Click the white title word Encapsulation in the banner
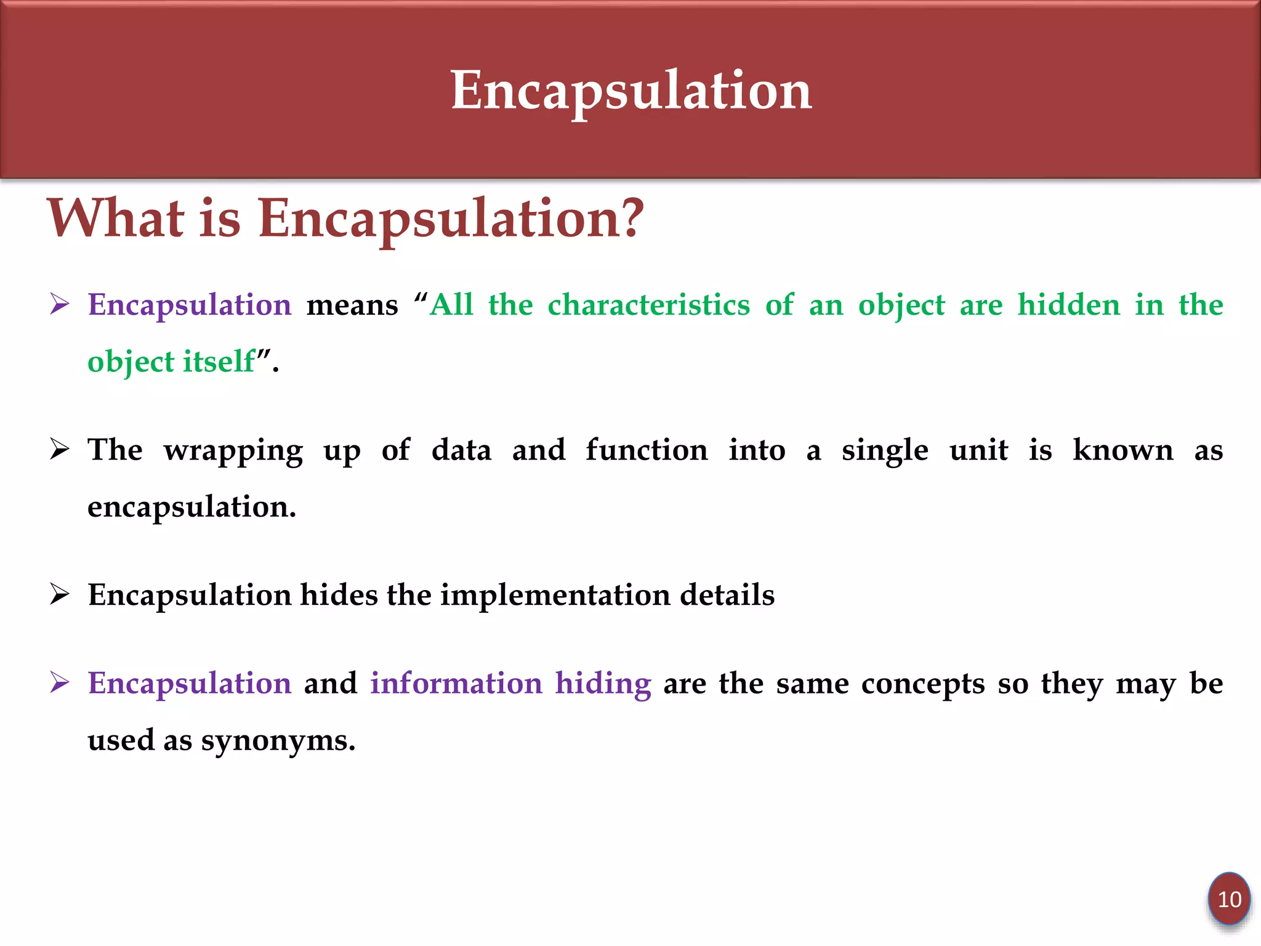631,91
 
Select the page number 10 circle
1229,899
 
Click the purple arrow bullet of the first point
60,304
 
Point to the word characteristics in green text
649,305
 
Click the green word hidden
1068,305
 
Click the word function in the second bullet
647,450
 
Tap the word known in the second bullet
1122,450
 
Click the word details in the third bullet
727,595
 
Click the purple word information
456,684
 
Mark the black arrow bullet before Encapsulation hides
60,595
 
